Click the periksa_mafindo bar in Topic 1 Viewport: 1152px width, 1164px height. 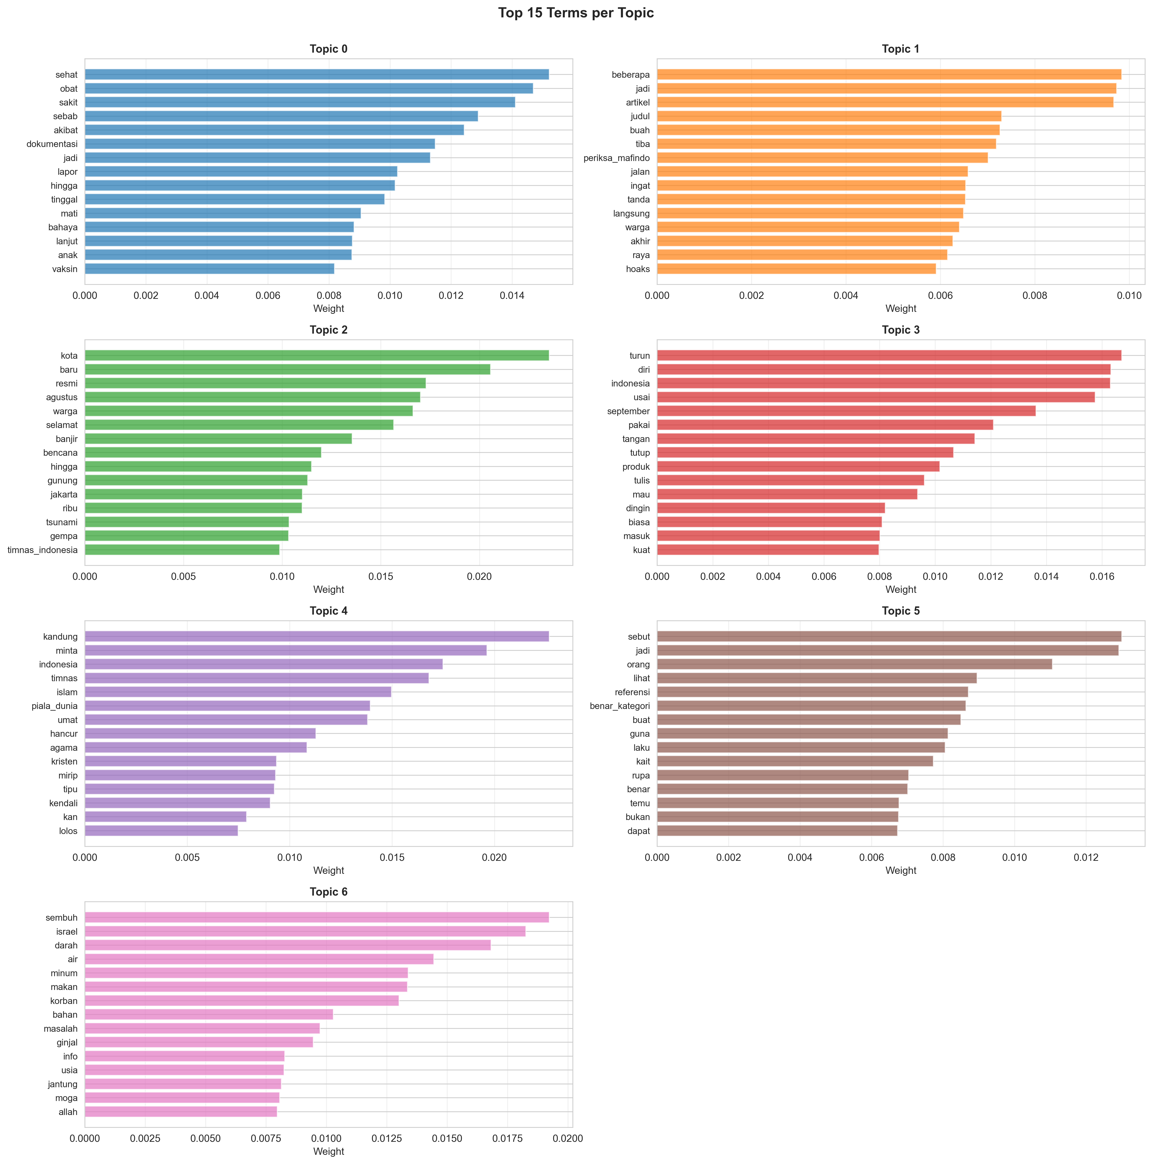click(822, 158)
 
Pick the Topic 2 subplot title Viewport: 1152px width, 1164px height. click(329, 330)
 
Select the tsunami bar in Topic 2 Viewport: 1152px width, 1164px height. click(187, 522)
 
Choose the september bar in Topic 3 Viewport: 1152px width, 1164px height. click(846, 411)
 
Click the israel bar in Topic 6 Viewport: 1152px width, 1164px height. click(305, 932)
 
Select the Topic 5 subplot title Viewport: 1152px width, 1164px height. click(901, 611)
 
